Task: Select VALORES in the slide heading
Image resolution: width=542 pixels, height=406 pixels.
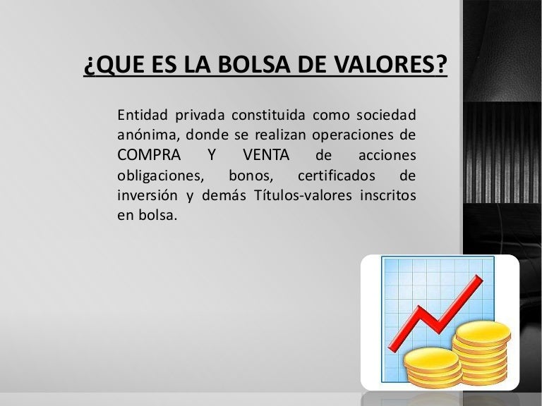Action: [383, 64]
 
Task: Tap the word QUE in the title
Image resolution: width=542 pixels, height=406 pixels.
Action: [119, 65]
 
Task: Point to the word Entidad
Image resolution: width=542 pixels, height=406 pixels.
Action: [143, 115]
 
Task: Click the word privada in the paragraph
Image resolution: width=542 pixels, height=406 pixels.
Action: [200, 116]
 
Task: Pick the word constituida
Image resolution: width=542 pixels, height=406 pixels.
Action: [268, 115]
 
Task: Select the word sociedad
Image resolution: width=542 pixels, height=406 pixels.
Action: [386, 115]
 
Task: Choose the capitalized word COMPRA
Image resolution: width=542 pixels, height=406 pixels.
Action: [149, 155]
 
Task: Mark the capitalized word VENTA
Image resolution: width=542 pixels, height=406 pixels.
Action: [266, 155]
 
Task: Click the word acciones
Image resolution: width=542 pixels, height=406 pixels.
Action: [387, 156]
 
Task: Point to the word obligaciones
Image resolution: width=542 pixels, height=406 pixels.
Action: [161, 176]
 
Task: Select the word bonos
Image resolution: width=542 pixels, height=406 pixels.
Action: [251, 176]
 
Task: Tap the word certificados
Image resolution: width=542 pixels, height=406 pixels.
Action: [337, 176]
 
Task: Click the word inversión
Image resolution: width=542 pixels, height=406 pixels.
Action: [147, 195]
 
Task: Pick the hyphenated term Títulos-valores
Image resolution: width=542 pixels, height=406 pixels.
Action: [303, 195]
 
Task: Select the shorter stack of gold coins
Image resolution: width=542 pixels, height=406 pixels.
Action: [433, 368]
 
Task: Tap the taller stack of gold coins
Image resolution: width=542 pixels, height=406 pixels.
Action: [481, 352]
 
